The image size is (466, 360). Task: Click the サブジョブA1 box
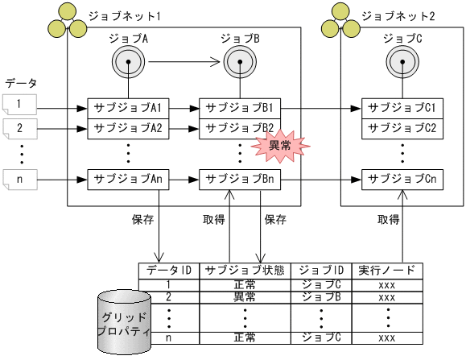pyautogui.click(x=128, y=108)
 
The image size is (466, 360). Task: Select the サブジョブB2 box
pyautogui.click(x=240, y=127)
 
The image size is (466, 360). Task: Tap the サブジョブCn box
pyautogui.click(x=402, y=178)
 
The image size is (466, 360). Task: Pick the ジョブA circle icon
pyautogui.click(x=128, y=60)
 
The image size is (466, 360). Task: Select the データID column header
pyautogui.click(x=168, y=271)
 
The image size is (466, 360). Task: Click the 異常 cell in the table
pyautogui.click(x=244, y=297)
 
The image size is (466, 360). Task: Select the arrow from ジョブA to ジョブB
pyautogui.click(x=184, y=60)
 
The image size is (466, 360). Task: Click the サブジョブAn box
pyautogui.click(x=128, y=178)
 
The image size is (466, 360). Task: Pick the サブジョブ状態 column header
pyautogui.click(x=244, y=271)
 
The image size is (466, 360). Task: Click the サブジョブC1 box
pyautogui.click(x=402, y=108)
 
